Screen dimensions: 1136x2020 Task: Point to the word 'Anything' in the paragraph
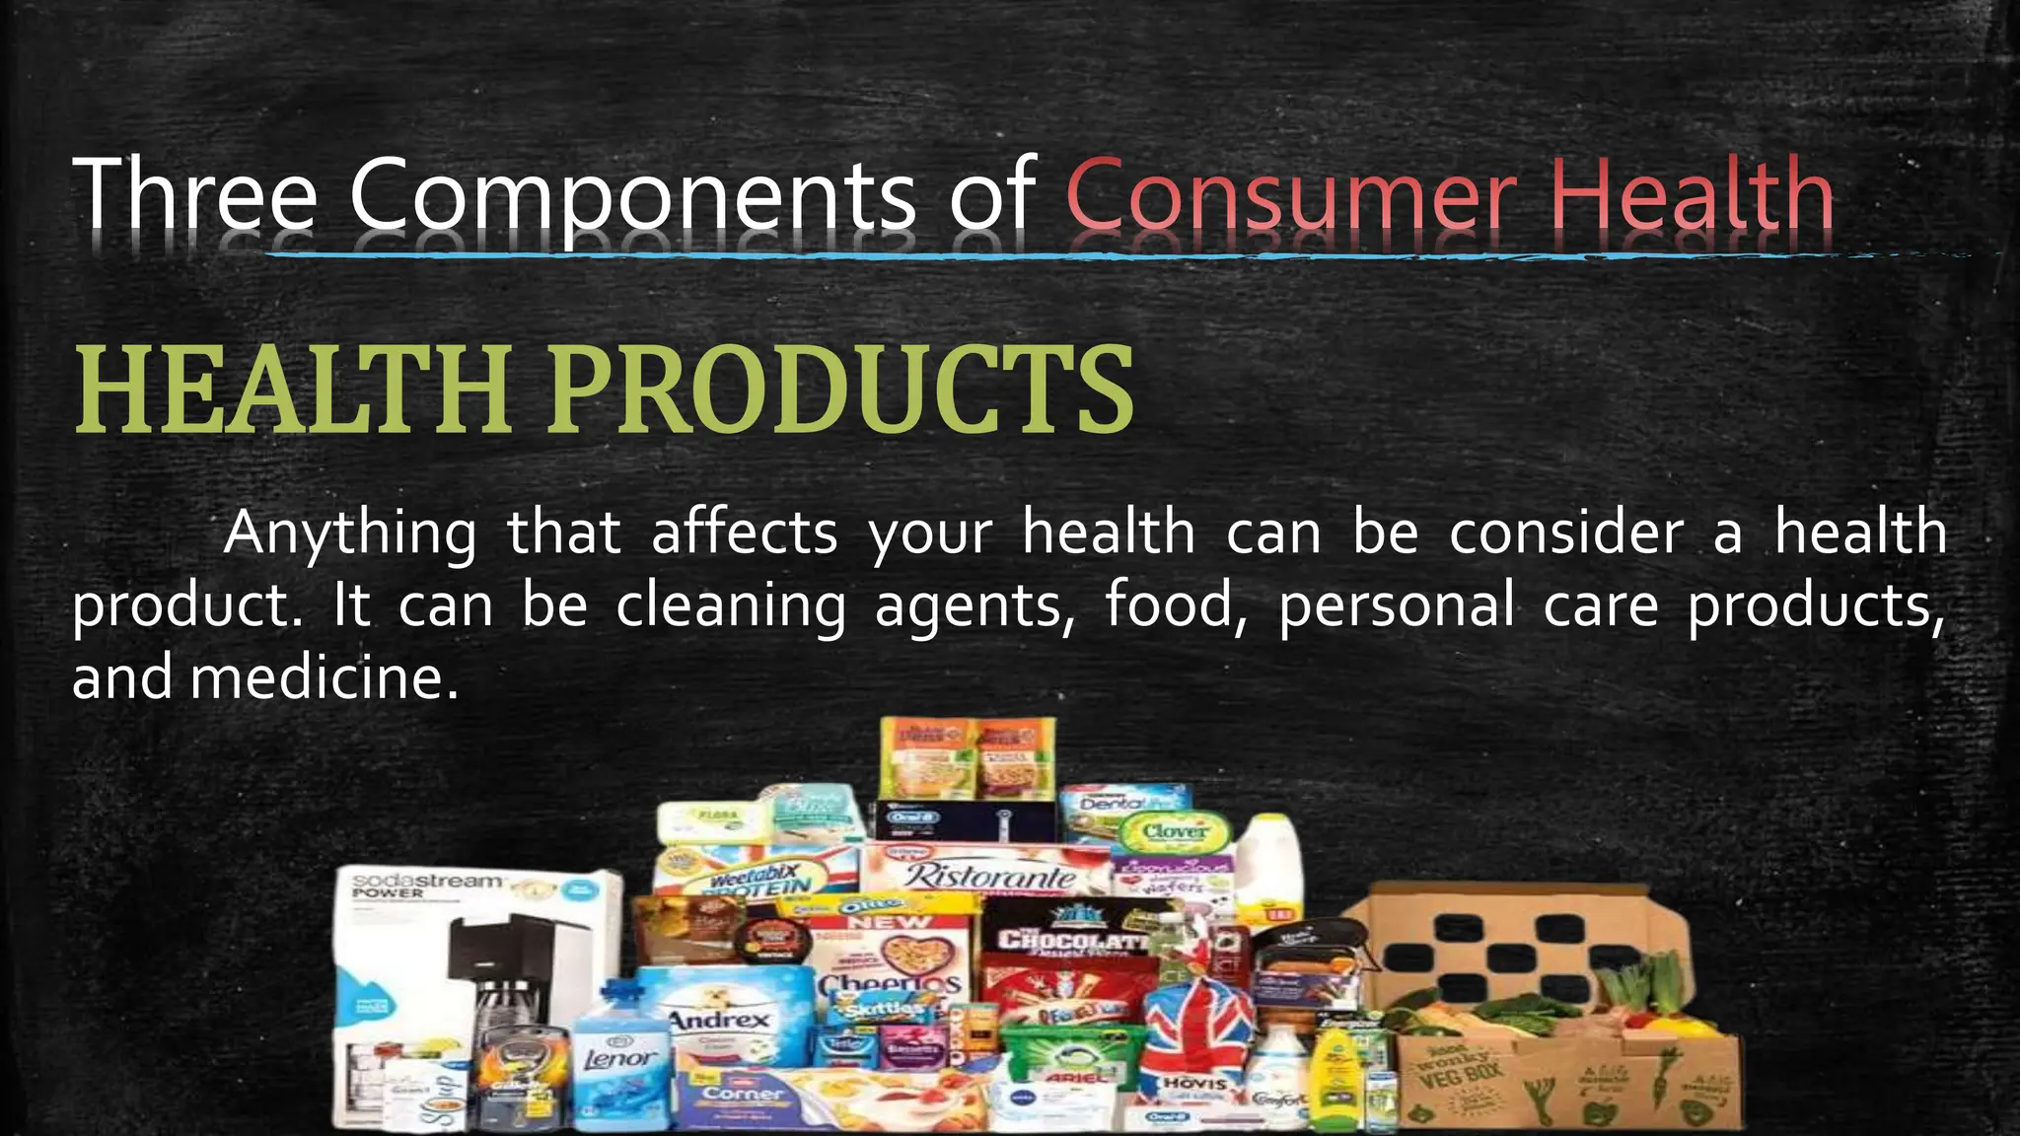(x=350, y=533)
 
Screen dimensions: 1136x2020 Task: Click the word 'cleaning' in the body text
(x=731, y=605)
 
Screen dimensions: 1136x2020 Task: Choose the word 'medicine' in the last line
(x=325, y=678)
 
